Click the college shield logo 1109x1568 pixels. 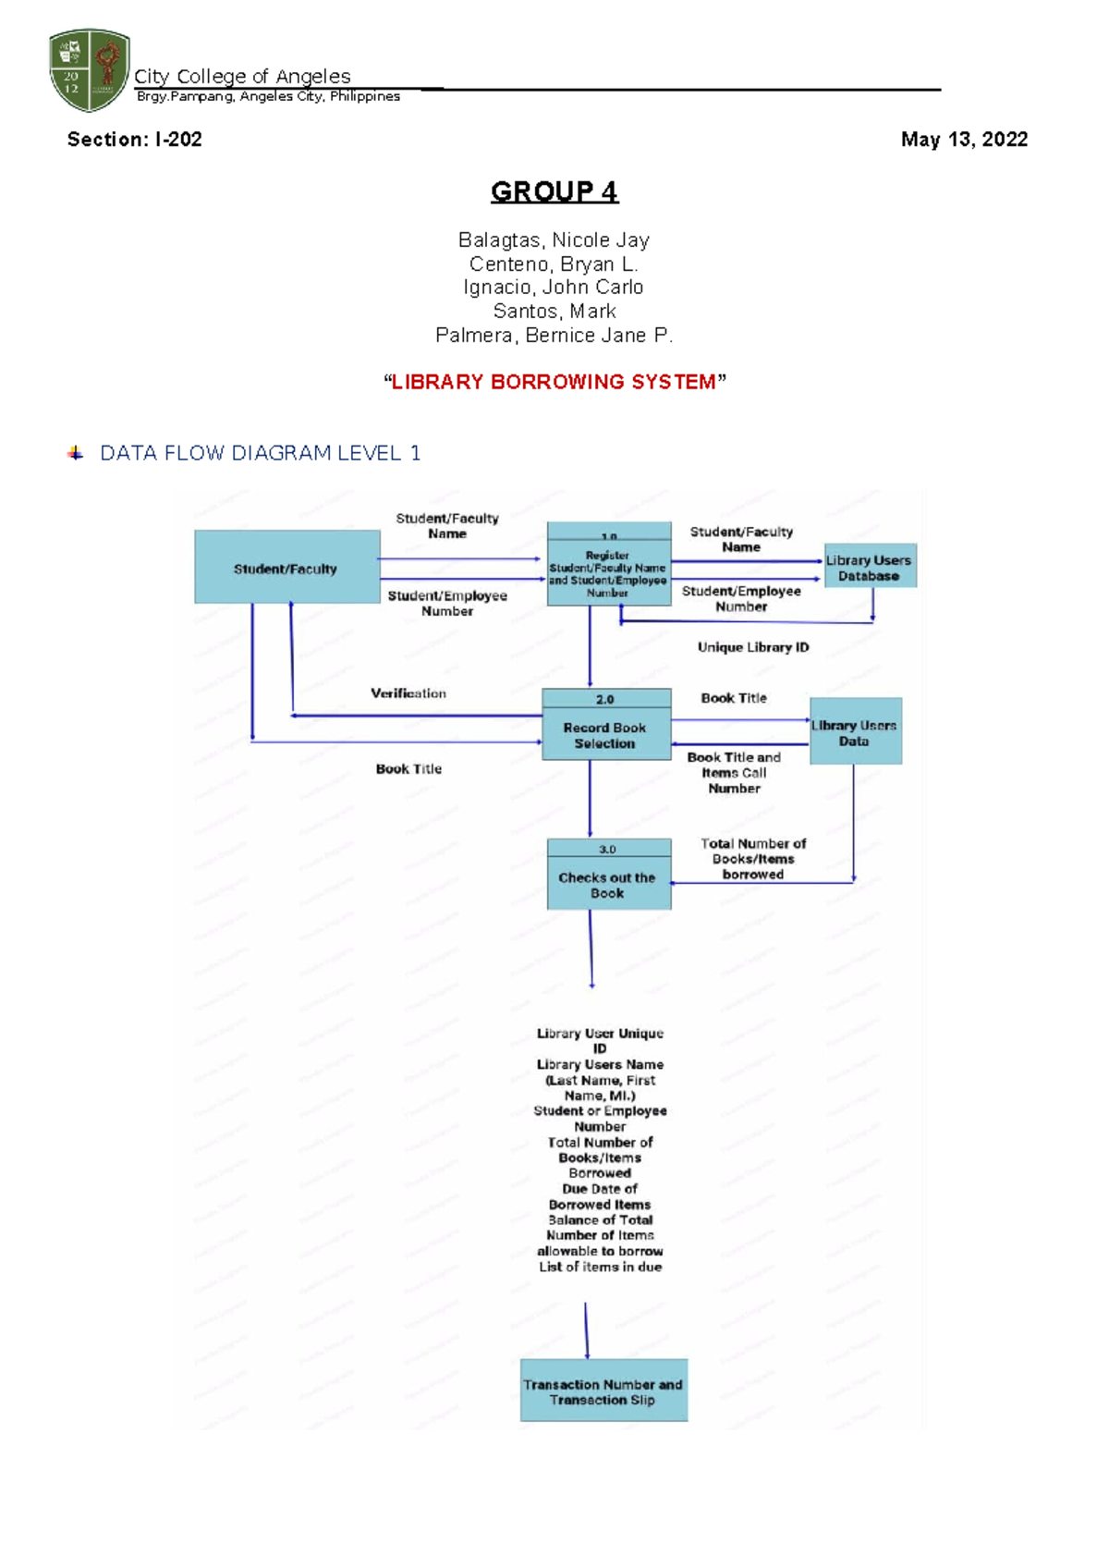89,69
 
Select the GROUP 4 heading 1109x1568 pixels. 554,191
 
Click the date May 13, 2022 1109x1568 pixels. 964,140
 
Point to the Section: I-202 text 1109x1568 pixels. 134,140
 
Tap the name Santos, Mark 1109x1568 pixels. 554,312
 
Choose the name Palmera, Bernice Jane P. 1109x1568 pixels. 554,336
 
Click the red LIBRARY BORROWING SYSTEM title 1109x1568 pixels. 554,382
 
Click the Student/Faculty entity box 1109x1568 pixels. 286,567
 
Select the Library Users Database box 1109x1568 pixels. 869,567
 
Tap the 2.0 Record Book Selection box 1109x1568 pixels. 606,726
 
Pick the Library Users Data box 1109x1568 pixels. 855,731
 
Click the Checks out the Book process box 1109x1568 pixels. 608,875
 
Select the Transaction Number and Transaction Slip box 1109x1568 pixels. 603,1390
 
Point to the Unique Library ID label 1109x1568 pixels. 752,647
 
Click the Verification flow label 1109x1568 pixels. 408,693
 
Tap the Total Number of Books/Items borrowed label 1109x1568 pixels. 752,859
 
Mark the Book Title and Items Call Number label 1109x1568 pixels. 734,773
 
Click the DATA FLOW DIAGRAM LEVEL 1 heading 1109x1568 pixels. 260,453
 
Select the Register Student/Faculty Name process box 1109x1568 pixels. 608,564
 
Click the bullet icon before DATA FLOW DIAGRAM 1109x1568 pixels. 76,453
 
